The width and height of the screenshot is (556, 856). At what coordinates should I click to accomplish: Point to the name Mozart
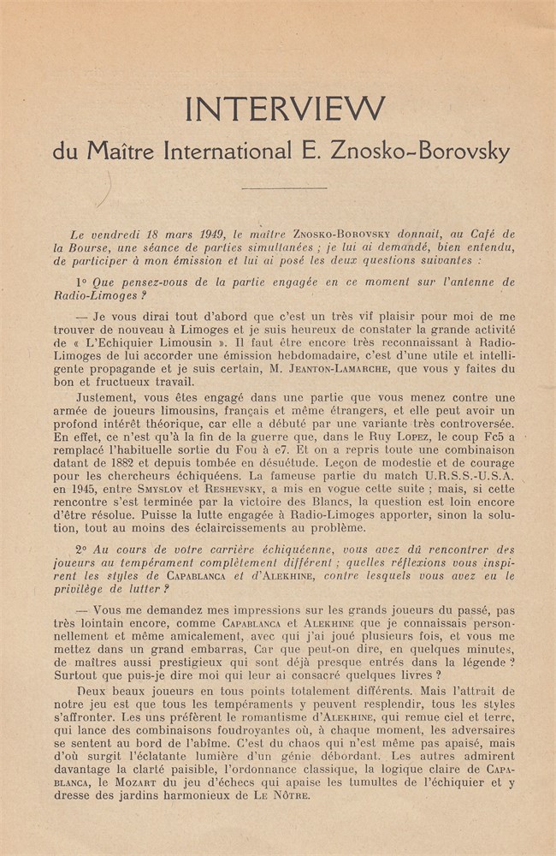(x=135, y=782)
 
